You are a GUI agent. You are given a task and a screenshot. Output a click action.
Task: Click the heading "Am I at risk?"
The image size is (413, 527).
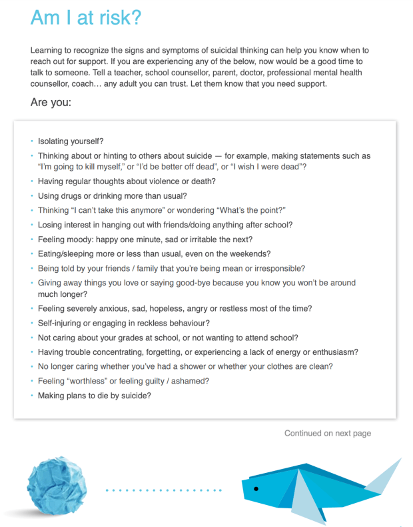tap(86, 18)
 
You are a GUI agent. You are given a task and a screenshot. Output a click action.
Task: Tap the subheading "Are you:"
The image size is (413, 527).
tap(51, 103)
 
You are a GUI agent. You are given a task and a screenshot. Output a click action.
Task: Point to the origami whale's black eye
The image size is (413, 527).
tap(256, 489)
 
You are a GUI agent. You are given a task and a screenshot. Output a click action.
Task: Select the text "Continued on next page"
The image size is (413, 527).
tap(327, 434)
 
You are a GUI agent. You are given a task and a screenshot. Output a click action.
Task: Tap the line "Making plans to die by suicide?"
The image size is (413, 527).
tap(95, 396)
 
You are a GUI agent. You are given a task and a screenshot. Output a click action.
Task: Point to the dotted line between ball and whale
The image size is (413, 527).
tap(164, 490)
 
